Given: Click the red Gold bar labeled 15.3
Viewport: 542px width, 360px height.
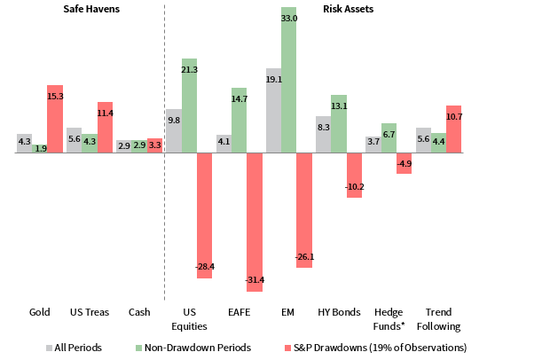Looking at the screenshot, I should click(x=55, y=119).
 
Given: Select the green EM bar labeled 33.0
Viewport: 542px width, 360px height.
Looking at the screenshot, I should click(x=288, y=80).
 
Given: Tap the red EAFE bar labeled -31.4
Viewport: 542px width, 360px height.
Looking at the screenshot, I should click(x=255, y=222).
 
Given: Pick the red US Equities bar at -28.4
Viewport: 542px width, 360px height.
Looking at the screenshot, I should click(x=205, y=215).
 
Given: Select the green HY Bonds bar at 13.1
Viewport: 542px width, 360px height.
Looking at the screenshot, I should click(x=339, y=124).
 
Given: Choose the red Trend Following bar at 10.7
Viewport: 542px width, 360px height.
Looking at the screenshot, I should click(x=454, y=129).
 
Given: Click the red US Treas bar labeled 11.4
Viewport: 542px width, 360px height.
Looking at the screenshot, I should click(x=106, y=128).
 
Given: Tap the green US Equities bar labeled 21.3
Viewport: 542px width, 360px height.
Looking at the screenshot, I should click(x=189, y=106).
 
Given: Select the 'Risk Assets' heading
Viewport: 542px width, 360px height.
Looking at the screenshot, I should click(x=348, y=9).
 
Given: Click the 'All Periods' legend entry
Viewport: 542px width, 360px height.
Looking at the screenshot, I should click(x=72, y=347).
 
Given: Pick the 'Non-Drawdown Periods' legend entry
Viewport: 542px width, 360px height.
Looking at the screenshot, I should click(x=193, y=347).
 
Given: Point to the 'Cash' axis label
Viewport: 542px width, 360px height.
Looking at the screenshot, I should click(x=139, y=312).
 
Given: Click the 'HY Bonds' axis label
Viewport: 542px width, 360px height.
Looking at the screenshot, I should click(x=339, y=312).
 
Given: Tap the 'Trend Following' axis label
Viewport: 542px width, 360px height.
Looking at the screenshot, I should click(x=438, y=318).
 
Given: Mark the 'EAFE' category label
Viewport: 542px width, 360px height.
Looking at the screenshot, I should click(x=239, y=312).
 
